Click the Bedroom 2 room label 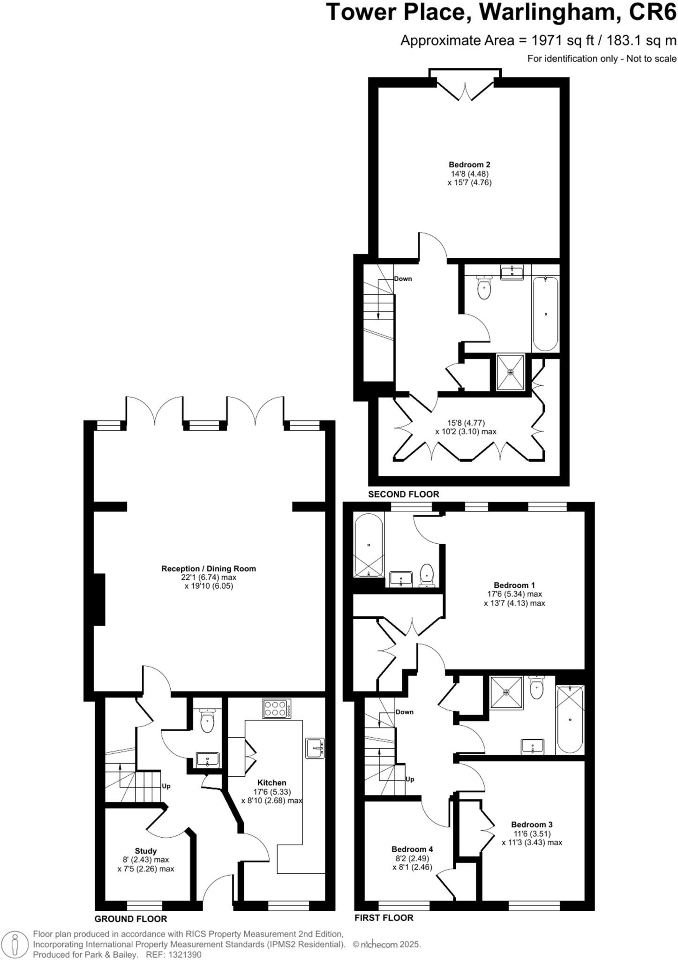coord(469,165)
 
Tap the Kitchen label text coord(271,782)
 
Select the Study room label coord(146,851)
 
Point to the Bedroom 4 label coord(412,849)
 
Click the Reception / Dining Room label coord(209,569)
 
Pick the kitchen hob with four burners coord(277,708)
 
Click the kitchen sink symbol coord(314,748)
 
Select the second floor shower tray coord(510,372)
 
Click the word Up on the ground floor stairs coord(166,786)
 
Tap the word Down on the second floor coord(403,279)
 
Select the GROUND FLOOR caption coord(131,919)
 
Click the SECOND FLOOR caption coord(403,494)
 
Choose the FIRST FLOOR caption coord(384,918)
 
